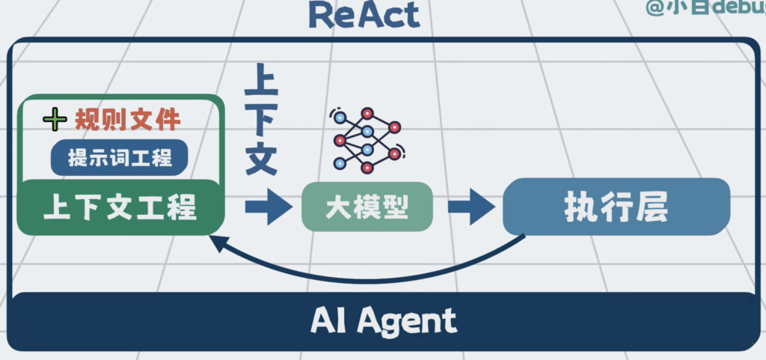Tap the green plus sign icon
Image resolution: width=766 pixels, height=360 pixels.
55,119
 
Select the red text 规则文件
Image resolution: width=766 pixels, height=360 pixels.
128,120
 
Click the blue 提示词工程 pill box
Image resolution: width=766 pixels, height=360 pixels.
120,158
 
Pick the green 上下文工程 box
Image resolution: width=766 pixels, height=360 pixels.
120,207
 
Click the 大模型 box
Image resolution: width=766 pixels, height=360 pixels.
367,207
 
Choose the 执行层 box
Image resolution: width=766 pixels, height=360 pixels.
616,207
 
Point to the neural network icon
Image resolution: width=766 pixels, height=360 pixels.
367,140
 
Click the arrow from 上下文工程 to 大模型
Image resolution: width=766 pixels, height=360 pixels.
266,207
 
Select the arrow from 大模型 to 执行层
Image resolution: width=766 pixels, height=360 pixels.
471,207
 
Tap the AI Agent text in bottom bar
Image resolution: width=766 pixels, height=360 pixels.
383,322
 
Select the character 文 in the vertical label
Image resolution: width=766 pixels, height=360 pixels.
261,157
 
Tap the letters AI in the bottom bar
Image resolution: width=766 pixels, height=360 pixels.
328,322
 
